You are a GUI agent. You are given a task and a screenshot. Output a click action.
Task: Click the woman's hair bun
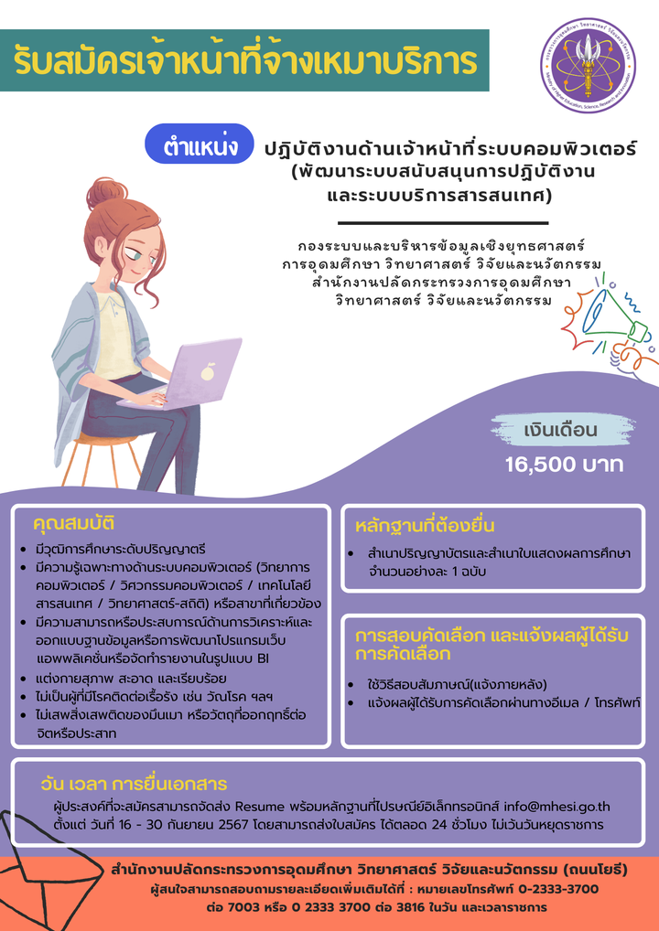pos(106,190)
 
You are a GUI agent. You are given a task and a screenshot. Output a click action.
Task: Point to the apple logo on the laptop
pos(207,372)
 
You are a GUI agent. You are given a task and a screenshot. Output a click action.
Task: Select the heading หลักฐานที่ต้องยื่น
pos(425,527)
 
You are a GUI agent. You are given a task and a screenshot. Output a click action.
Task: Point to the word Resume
pos(260,808)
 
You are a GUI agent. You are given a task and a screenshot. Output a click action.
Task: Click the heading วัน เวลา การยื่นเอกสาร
pos(134,784)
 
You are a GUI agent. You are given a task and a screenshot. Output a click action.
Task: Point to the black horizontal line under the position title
pos(443,223)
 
